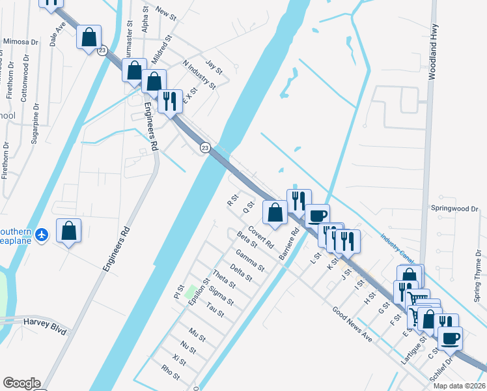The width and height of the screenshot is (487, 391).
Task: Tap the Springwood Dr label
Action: point(455,209)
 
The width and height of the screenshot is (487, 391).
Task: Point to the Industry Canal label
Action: point(397,247)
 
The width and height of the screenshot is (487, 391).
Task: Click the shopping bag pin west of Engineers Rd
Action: point(68,231)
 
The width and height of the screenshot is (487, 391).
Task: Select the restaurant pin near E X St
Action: point(170,101)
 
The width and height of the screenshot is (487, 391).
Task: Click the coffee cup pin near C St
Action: point(450,338)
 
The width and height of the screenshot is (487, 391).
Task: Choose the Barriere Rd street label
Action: point(288,244)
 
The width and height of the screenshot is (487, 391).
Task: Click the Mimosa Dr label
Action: point(21,41)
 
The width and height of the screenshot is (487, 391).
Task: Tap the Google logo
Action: point(21,383)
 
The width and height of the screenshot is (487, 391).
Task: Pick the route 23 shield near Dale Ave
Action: point(102,50)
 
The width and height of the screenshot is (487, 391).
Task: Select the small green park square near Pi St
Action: point(192,289)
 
